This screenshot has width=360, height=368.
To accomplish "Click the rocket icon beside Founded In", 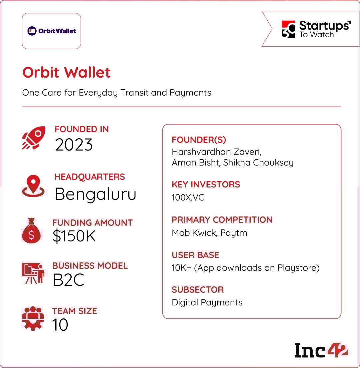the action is point(34,138).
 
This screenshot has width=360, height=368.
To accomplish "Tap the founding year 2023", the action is point(74,145).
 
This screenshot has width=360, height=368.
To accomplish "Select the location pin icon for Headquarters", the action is point(33,186).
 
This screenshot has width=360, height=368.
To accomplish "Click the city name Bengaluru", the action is point(95,194).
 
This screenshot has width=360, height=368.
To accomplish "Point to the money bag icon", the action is point(31,230).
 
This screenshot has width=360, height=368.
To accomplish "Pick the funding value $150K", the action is point(74,236).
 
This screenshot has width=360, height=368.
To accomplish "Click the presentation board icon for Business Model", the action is point(33,273).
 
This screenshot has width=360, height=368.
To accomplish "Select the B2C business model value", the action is point(69,280).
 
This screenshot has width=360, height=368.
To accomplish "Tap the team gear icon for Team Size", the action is point(33,318).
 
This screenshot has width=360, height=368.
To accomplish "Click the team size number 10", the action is point(60,325).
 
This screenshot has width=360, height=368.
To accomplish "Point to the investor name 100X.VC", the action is point(188,197).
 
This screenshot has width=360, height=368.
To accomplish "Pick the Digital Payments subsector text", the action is point(207,302).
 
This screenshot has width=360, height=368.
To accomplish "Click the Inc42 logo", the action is point(321,350).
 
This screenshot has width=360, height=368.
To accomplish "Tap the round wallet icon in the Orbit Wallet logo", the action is point(32,31).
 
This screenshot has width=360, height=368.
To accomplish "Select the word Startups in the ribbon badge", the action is point(325,26).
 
